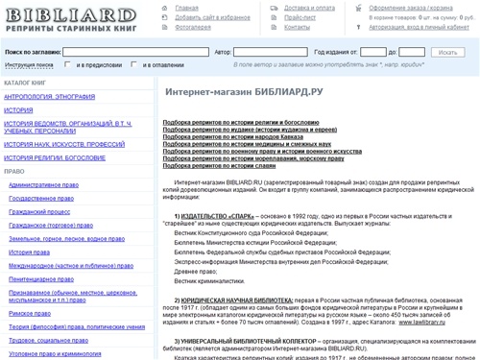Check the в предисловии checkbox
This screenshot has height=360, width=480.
69,66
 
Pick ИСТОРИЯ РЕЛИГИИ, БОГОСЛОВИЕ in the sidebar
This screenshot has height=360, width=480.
61,156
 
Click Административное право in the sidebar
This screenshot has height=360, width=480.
46,182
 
